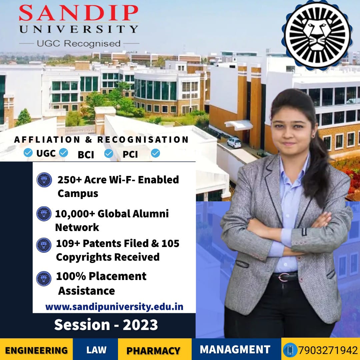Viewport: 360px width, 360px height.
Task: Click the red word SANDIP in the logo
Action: click(79, 13)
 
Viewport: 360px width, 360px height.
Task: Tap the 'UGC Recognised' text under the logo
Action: click(79, 43)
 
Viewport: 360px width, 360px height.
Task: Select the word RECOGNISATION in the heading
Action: click(143, 140)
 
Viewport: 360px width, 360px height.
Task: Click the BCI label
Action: click(86, 155)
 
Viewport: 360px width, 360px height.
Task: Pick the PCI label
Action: click(130, 154)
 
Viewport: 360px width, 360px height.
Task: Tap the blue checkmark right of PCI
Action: click(155, 153)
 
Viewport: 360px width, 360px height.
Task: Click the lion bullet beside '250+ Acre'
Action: click(44, 180)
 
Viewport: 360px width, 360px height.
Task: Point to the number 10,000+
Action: click(75, 214)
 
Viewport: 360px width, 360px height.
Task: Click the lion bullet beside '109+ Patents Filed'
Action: click(44, 245)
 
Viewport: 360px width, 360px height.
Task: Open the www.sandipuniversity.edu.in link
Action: click(114, 307)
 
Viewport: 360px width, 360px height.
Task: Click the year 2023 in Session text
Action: click(140, 325)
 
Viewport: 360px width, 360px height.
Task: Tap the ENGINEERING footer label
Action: click(36, 351)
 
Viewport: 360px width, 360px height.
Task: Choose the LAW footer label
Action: click(96, 350)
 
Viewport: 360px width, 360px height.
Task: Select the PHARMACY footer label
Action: click(153, 351)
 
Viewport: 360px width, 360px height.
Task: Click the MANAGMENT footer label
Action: click(235, 349)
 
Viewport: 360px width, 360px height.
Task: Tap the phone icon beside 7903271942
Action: click(290, 350)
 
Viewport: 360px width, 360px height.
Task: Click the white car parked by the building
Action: click(234, 142)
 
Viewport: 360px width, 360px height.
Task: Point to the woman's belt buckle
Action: click(284, 277)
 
